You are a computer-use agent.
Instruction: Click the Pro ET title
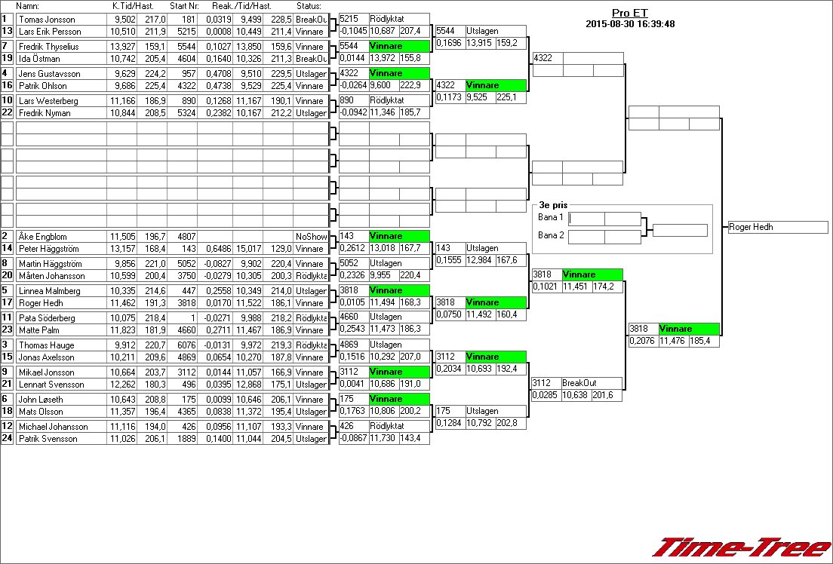[629, 14]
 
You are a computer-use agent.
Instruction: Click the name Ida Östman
[39, 59]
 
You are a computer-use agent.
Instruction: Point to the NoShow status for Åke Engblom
[309, 237]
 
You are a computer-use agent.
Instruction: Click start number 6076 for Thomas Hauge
[184, 345]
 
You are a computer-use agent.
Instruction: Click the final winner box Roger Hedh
[777, 227]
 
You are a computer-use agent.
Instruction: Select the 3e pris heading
[553, 204]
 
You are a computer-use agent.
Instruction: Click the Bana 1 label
[551, 218]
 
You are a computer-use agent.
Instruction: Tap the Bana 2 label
[551, 236]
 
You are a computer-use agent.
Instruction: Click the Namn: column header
[27, 6]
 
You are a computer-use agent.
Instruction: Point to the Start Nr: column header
[185, 6]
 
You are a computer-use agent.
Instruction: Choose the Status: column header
[309, 6]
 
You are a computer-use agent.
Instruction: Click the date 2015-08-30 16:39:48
[629, 24]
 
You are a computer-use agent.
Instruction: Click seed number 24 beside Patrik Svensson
[8, 439]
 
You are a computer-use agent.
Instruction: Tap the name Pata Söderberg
[45, 318]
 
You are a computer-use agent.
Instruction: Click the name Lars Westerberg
[46, 101]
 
